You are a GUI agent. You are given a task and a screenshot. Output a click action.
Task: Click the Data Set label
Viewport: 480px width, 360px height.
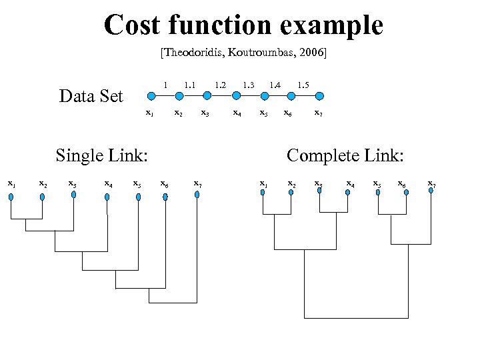[91, 97]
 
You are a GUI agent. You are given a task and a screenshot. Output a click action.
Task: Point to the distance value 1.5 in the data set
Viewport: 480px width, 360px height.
[303, 85]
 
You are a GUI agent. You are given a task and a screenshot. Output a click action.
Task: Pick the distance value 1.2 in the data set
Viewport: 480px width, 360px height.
[220, 85]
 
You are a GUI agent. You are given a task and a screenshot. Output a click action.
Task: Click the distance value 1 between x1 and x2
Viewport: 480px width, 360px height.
[165, 85]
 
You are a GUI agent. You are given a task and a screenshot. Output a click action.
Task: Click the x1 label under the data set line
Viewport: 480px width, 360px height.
[149, 113]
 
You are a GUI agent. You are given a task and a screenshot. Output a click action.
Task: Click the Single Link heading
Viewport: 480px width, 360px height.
[101, 156]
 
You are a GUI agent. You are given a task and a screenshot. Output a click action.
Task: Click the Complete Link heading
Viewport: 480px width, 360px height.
[345, 156]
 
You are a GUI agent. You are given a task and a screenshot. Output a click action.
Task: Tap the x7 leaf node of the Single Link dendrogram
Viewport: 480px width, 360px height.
[197, 195]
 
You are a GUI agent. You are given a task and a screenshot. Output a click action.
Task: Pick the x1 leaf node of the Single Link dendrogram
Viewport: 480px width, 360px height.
[11, 195]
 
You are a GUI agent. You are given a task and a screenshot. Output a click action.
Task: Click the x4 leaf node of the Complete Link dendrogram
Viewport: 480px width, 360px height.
[347, 191]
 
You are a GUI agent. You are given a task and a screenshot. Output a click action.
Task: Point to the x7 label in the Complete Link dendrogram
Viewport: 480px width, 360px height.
[432, 183]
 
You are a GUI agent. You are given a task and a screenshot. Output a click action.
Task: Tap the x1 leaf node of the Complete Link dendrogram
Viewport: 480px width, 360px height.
[263, 192]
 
